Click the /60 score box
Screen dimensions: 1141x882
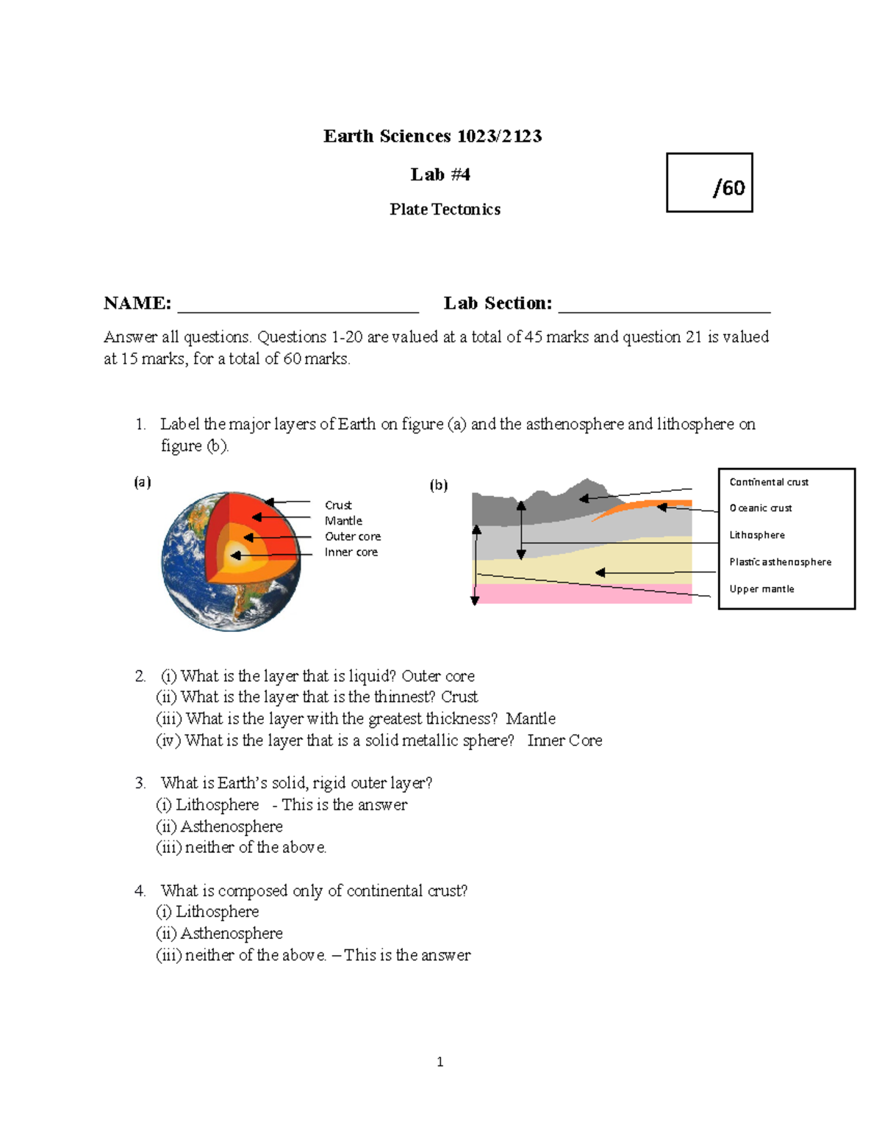click(x=709, y=183)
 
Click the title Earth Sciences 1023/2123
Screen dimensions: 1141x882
click(x=432, y=136)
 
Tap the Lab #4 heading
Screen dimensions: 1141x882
click(x=440, y=174)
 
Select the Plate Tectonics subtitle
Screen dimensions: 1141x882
click(x=445, y=209)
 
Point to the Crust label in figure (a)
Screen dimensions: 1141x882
click(x=338, y=505)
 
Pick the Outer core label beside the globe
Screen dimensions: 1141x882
click(x=353, y=536)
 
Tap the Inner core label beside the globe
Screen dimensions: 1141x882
click(x=351, y=552)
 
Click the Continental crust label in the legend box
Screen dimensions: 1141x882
click(x=769, y=482)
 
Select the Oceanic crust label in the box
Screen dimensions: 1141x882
click(x=761, y=508)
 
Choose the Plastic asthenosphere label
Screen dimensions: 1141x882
click(x=780, y=562)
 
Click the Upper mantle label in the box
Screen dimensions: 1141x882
click(x=761, y=589)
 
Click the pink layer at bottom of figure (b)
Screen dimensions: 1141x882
click(x=581, y=594)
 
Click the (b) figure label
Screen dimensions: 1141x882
click(x=439, y=485)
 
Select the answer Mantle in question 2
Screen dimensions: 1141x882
click(x=531, y=719)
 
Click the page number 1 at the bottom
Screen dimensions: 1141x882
click(x=440, y=1062)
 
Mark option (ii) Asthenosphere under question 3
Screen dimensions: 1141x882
click(x=220, y=827)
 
